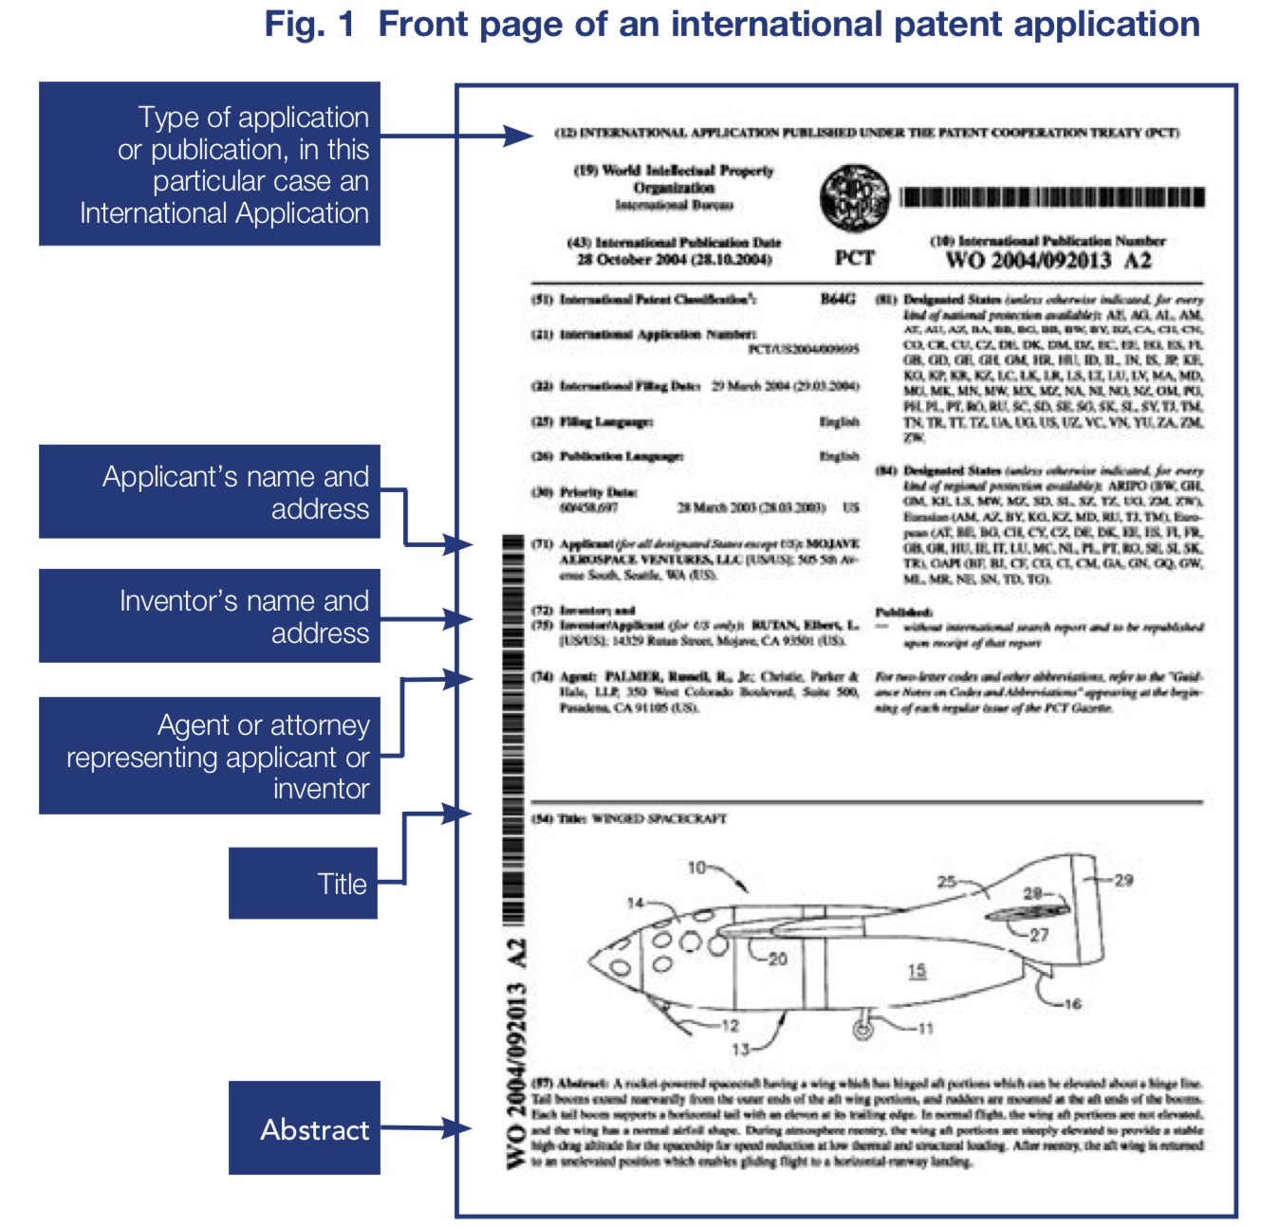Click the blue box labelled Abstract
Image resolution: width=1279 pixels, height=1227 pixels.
coord(304,1127)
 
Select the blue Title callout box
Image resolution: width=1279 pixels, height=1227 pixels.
coord(303,883)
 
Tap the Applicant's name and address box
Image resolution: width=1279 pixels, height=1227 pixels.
coord(210,491)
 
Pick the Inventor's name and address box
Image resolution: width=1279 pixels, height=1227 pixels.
coord(210,615)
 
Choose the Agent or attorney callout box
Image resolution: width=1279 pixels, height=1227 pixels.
coord(210,756)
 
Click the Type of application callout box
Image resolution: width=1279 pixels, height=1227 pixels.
coord(210,164)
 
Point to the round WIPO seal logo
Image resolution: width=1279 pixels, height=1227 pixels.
coord(854,196)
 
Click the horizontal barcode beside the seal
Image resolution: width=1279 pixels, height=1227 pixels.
coord(1051,197)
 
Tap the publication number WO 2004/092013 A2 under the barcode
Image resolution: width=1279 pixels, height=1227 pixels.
coord(1047,261)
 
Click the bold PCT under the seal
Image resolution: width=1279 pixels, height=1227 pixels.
coord(854,258)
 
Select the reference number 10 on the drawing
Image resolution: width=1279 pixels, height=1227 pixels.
coord(696,868)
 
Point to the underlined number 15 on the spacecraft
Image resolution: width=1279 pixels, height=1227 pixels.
coord(917,971)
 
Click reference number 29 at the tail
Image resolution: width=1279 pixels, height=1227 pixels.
coord(1123,880)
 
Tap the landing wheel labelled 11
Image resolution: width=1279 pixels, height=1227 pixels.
coord(862,1029)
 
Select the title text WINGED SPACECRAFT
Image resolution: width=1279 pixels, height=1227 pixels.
coord(658,818)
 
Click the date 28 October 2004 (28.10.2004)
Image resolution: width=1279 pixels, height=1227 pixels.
coord(674,260)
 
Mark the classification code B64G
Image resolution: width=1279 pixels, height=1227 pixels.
coord(838,300)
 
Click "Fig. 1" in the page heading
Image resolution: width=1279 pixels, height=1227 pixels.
coord(309,25)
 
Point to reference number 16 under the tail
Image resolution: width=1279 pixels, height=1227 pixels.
coord(1072,1003)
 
